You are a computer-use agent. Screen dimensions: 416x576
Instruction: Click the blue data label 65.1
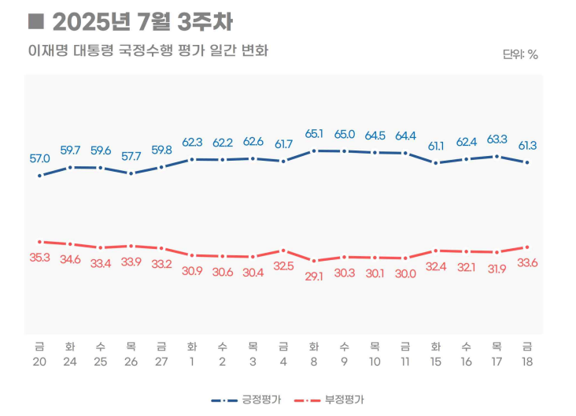pyautogui.click(x=314, y=133)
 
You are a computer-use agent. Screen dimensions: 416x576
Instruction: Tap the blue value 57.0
pyautogui.click(x=39, y=158)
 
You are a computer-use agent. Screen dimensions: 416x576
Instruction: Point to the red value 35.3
pyautogui.click(x=39, y=258)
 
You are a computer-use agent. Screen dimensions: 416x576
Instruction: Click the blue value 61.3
pyautogui.click(x=526, y=145)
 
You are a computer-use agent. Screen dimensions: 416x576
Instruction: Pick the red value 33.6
pyautogui.click(x=526, y=263)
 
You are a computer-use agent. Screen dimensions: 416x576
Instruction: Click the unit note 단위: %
pyautogui.click(x=520, y=54)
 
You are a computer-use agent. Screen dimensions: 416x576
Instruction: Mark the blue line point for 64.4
pyautogui.click(x=405, y=153)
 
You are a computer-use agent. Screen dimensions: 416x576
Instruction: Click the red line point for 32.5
pyautogui.click(x=283, y=251)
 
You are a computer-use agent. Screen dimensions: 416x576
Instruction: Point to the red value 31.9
pyautogui.click(x=497, y=269)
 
